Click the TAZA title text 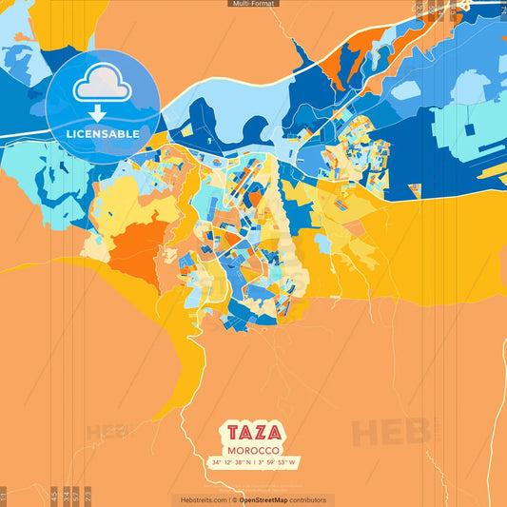(x=253, y=431)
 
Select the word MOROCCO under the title (x=253, y=449)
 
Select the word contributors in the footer (x=309, y=499)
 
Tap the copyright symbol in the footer (x=234, y=499)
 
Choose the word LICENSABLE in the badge (x=103, y=134)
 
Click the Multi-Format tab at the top (x=253, y=4)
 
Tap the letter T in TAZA (x=230, y=431)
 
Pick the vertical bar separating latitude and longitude (x=253, y=462)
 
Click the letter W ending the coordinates (x=294, y=462)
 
